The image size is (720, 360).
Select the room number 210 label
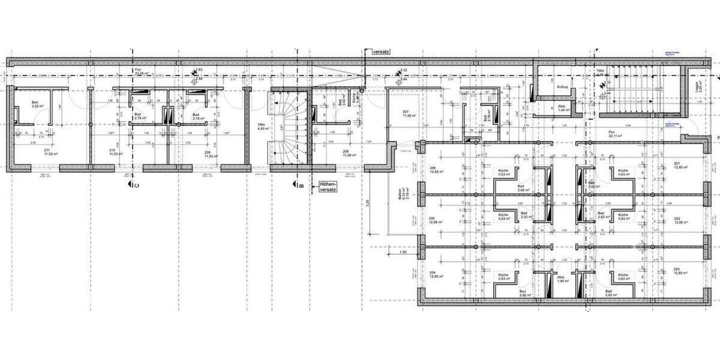click(x=112, y=150)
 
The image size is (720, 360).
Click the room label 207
click(x=406, y=113)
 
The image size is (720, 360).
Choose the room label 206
click(x=433, y=168)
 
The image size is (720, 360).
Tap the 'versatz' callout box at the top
click(x=381, y=52)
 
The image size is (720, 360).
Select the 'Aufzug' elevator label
click(x=562, y=88)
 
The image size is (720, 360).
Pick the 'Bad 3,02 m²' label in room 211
click(x=35, y=105)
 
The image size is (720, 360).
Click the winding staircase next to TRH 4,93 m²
click(x=289, y=129)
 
